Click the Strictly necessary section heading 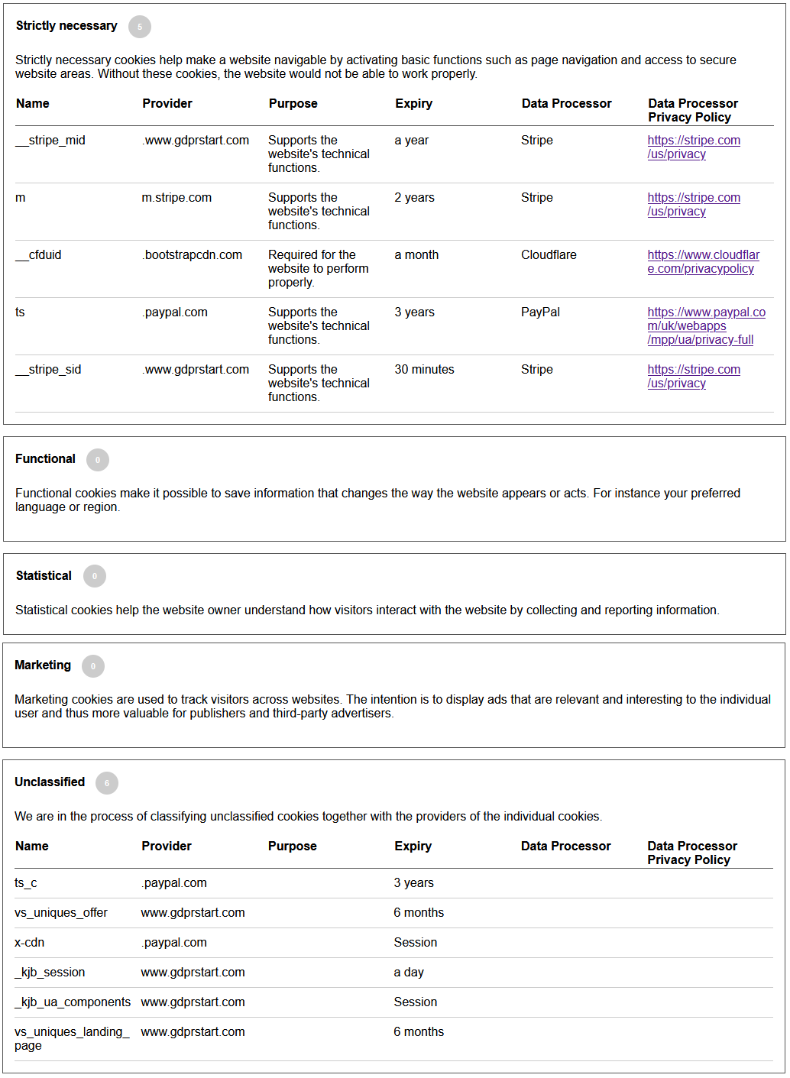pos(66,26)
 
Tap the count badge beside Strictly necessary pos(140,27)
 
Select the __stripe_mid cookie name pos(50,141)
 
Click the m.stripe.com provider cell pos(176,198)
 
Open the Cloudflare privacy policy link pos(703,262)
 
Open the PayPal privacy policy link pos(706,326)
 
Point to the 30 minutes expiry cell pos(424,370)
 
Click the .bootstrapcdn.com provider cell pos(192,255)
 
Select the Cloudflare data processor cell pos(549,255)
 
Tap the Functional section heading pos(46,459)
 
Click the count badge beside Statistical pos(95,576)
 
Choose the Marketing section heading pos(43,665)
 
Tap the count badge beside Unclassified pos(107,783)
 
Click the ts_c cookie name pos(26,883)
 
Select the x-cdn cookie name pos(30,943)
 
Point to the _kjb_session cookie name pos(50,973)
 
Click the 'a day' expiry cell pos(409,973)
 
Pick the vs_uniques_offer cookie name pos(61,913)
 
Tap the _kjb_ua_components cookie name pos(73,1002)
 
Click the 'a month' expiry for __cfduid pos(416,255)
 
